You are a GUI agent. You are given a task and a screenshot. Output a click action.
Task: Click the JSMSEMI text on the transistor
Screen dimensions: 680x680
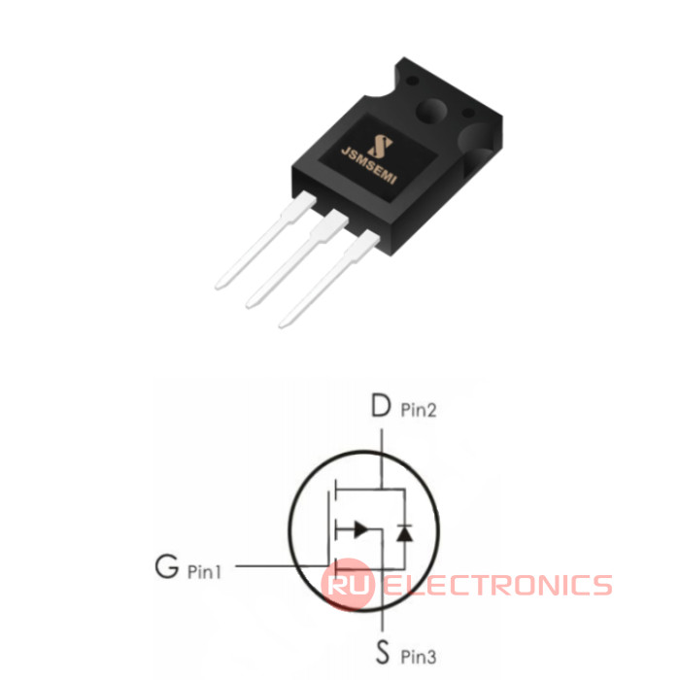(x=369, y=166)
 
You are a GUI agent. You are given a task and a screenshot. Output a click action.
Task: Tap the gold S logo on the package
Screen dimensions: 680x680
(x=380, y=146)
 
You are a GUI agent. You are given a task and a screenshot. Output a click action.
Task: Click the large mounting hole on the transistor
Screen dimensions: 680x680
(x=431, y=111)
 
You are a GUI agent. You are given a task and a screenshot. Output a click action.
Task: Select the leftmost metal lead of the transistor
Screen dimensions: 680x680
(x=265, y=240)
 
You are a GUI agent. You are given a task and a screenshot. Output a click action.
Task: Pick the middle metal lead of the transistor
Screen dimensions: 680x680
(x=297, y=259)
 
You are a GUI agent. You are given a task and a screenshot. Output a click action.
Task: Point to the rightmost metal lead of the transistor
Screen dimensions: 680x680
(x=329, y=279)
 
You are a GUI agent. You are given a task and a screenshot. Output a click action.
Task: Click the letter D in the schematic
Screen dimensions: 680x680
(x=381, y=405)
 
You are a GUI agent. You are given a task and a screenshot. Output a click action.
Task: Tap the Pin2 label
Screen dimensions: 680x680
(x=419, y=410)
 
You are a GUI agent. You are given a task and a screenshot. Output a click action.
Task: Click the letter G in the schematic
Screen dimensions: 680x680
(x=166, y=566)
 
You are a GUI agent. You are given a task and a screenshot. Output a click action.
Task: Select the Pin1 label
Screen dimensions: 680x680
(x=204, y=571)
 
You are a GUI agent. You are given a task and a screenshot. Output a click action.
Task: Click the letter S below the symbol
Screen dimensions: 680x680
(x=382, y=652)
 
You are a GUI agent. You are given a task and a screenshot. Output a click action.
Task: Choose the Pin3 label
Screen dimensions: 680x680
(x=418, y=657)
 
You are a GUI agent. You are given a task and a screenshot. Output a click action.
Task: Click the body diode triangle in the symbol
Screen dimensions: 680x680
(x=404, y=533)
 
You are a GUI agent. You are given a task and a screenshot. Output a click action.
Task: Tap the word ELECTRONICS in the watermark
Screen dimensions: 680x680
(x=497, y=585)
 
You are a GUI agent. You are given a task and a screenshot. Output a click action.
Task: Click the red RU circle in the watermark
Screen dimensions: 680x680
(x=347, y=584)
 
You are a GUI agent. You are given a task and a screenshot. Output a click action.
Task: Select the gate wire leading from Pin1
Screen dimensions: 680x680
(x=282, y=566)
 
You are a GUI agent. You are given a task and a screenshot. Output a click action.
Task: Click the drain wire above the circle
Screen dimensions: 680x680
(x=382, y=440)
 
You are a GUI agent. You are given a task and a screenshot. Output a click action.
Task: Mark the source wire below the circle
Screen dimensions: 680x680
(x=382, y=620)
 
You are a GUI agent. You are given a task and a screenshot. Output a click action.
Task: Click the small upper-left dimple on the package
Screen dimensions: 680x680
(x=413, y=81)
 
